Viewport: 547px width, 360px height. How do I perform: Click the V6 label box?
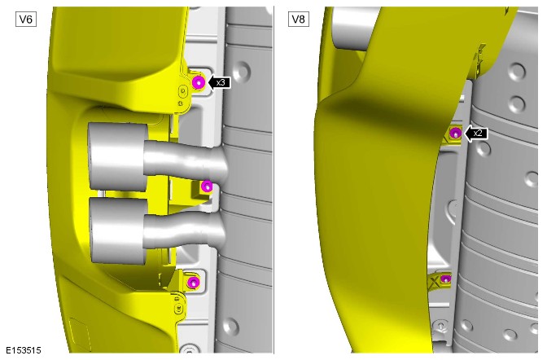click(26, 20)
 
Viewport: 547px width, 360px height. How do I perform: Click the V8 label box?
click(299, 20)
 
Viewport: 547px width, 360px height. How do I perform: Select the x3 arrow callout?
click(219, 83)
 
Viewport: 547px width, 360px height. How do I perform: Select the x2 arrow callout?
click(476, 133)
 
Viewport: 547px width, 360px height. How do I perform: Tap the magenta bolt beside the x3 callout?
click(199, 83)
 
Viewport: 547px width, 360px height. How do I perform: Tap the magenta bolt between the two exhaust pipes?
click(207, 187)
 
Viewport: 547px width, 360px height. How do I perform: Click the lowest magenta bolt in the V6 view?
click(192, 282)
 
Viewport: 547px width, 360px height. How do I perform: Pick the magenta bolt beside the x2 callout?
click(455, 133)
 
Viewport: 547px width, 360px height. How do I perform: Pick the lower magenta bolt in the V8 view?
click(445, 279)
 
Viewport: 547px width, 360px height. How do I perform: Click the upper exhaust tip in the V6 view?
click(117, 156)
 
